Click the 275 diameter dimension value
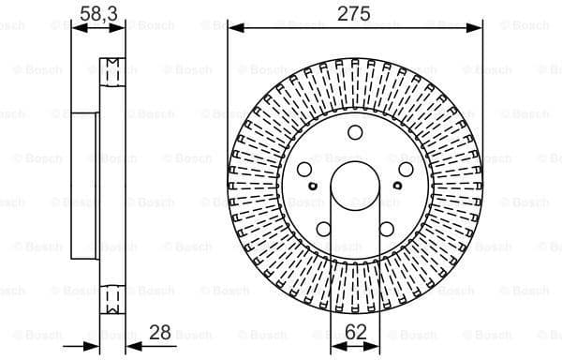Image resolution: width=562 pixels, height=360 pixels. click(x=355, y=13)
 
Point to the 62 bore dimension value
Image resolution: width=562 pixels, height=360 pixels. click(x=354, y=332)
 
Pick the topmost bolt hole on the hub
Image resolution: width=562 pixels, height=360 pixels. click(x=354, y=133)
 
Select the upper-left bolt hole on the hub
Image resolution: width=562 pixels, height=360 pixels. click(x=305, y=169)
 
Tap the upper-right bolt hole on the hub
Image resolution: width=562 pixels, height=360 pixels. click(x=405, y=169)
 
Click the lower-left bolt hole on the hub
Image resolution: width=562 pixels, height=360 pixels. click(x=323, y=228)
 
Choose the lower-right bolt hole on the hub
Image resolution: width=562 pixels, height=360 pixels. click(x=386, y=228)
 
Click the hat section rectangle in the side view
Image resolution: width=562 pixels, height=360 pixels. click(x=85, y=183)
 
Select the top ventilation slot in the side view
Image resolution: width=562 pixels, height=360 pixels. click(x=111, y=70)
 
